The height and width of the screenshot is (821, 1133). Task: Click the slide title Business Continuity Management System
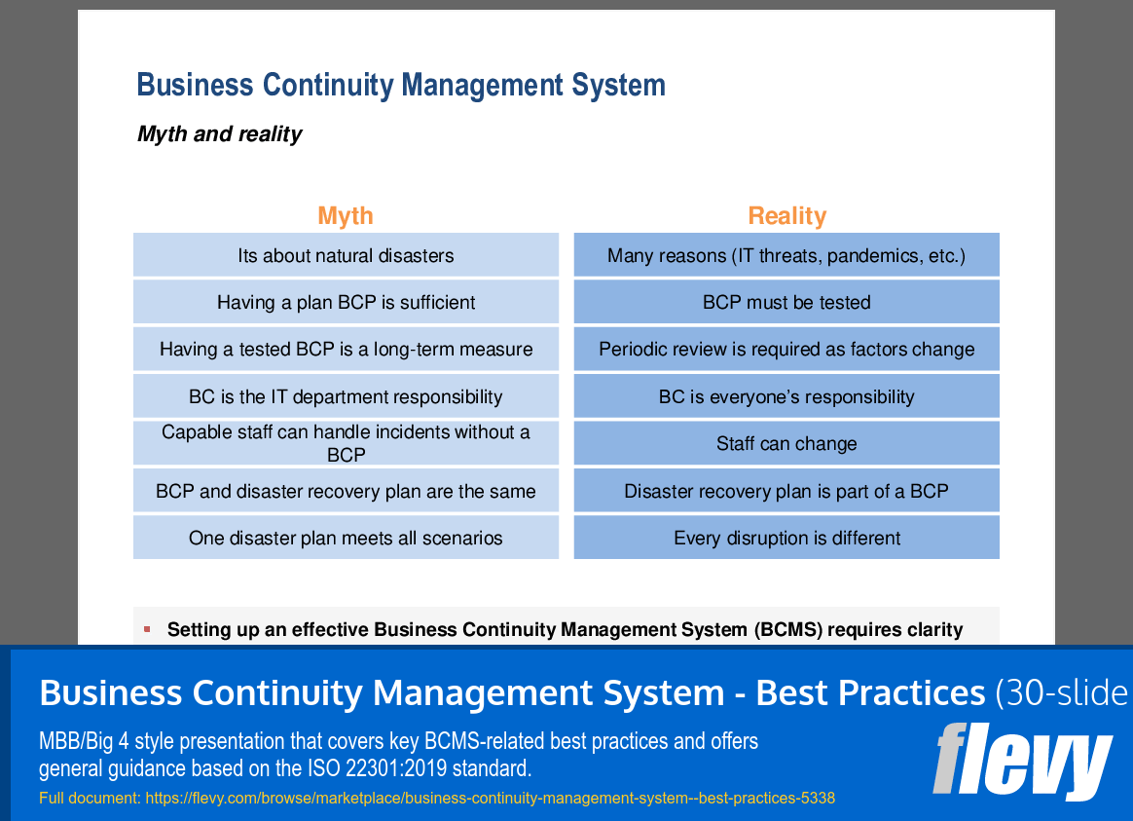[401, 85]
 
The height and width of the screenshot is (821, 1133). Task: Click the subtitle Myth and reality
[219, 134]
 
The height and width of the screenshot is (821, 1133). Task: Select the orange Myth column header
[346, 215]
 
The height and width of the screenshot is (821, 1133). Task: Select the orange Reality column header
[786, 215]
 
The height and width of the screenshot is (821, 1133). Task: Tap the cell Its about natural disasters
[346, 256]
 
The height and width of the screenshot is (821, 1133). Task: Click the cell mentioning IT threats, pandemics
[786, 256]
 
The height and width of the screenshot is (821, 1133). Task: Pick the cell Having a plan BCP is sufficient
[346, 303]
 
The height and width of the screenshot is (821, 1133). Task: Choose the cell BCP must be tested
[786, 303]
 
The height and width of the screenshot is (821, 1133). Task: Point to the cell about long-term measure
[346, 350]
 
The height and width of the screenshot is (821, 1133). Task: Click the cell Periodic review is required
[786, 350]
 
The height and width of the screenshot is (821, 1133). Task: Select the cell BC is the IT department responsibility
[346, 396]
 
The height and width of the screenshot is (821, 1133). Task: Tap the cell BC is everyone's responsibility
[786, 396]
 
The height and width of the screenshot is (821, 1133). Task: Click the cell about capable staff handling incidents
[346, 443]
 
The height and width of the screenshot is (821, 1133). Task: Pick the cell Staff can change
[786, 444]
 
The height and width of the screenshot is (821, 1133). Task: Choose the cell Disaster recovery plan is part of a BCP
[786, 491]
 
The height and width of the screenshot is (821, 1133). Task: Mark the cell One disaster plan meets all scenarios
[346, 538]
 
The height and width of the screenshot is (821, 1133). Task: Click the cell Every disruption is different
[786, 538]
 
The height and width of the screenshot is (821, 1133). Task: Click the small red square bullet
[147, 629]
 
